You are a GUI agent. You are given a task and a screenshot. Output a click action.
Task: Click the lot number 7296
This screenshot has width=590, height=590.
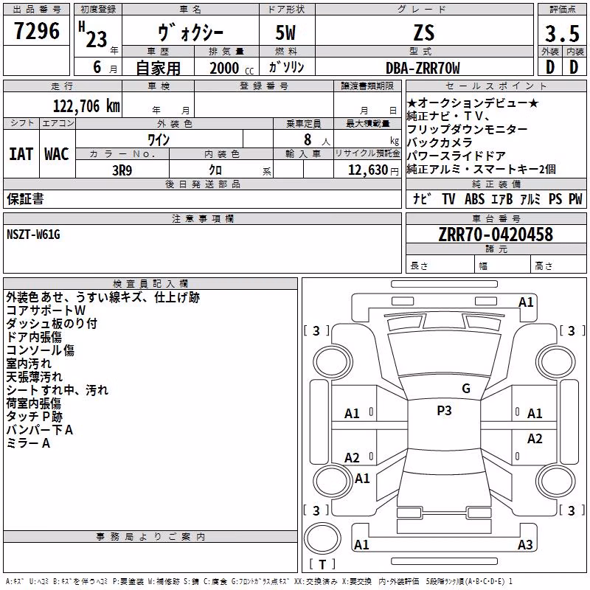[x=37, y=31]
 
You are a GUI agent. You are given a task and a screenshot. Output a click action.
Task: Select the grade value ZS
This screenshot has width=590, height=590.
[x=424, y=32]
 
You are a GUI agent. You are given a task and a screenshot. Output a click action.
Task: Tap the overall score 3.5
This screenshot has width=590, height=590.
[x=562, y=33]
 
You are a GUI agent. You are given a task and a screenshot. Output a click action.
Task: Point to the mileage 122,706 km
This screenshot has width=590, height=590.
[x=86, y=106]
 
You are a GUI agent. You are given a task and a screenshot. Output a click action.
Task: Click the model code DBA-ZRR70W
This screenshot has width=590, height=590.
[x=423, y=68]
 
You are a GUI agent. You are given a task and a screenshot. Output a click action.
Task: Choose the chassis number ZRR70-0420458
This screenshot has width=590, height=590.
[x=496, y=235]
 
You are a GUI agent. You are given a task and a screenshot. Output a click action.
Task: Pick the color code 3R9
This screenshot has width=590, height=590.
[x=122, y=170]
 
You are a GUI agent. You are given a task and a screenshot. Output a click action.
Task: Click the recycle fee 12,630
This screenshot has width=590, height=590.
[x=368, y=170]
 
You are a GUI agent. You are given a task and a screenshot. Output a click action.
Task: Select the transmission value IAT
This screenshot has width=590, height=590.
[x=21, y=154]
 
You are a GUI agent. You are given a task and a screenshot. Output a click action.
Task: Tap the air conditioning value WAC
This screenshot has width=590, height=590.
[x=57, y=154]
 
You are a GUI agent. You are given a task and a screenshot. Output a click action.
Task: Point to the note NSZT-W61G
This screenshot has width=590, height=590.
[x=33, y=235]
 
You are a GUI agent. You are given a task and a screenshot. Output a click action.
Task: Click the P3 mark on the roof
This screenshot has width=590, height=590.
[x=444, y=411]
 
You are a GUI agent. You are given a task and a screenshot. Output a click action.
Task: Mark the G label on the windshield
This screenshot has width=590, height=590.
[x=466, y=389]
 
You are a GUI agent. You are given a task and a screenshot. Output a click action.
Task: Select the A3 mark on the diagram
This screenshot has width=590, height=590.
[x=525, y=544]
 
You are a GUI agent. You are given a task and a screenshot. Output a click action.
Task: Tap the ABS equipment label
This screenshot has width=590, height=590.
[x=474, y=199]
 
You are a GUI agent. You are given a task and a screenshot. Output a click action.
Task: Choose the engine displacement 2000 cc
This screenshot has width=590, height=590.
[x=232, y=69]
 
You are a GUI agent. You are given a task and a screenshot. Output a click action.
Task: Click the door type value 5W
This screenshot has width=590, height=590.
[x=285, y=32]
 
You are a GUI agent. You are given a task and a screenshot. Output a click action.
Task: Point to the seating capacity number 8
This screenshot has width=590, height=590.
[x=308, y=139]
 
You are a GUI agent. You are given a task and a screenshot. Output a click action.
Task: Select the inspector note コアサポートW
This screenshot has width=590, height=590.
[x=46, y=310]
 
